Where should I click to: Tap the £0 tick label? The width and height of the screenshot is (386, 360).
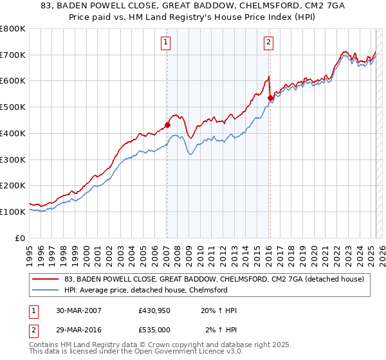[x=20, y=238]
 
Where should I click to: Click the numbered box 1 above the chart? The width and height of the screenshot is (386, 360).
[x=166, y=43]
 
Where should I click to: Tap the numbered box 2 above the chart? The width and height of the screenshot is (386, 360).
[x=268, y=43]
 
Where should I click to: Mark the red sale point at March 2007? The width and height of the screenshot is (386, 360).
[x=167, y=125]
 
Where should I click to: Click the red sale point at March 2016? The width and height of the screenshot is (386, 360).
[x=270, y=98]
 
